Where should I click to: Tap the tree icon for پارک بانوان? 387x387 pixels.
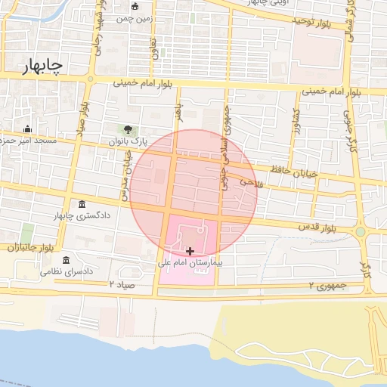(x=128, y=128)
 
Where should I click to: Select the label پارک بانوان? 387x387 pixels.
(x=126, y=141)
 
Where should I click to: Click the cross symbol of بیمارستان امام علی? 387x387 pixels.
(x=189, y=250)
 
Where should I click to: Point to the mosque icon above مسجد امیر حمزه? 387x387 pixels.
(x=28, y=128)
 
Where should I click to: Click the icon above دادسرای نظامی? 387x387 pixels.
(x=66, y=259)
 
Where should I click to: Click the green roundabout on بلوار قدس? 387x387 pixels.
(x=361, y=232)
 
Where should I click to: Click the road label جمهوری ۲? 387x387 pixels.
(x=327, y=286)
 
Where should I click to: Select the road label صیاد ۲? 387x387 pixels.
(x=121, y=284)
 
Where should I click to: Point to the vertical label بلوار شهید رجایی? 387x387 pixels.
(x=98, y=35)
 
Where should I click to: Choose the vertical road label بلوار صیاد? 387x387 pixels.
(x=79, y=134)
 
